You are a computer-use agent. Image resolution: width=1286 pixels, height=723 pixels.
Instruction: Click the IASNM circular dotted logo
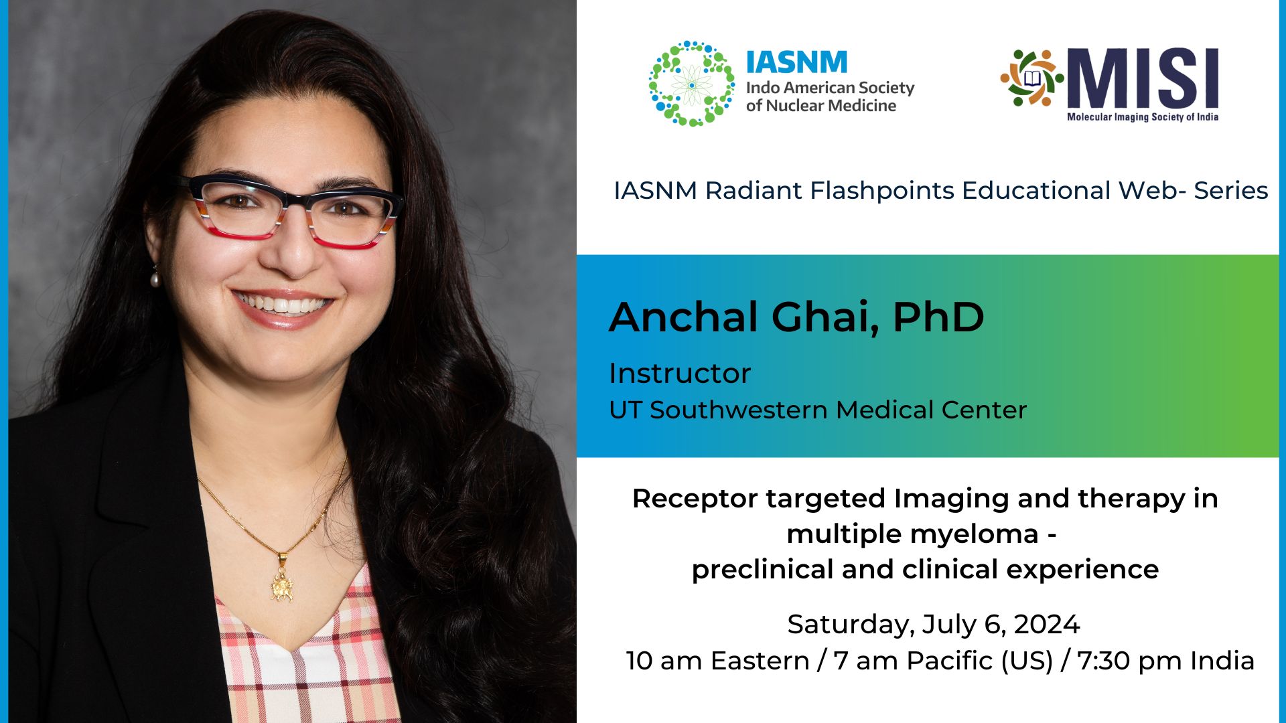point(691,84)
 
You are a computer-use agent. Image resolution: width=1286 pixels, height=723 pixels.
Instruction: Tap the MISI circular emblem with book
point(1031,78)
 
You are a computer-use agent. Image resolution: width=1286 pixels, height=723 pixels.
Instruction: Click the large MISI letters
point(1143,78)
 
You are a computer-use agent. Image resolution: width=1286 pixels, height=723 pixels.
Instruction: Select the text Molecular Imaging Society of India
point(1142,117)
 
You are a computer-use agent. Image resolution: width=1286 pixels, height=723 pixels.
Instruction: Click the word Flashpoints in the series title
point(883,191)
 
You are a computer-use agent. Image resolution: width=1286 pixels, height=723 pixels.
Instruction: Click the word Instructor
point(680,374)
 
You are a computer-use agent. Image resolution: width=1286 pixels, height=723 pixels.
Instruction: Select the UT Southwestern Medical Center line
point(817,410)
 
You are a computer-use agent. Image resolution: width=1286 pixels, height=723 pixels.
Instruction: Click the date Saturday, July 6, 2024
point(933,625)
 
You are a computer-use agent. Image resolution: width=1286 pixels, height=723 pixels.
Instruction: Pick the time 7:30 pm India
point(1165,661)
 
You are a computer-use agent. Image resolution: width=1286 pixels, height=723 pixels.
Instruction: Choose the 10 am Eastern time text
point(717,661)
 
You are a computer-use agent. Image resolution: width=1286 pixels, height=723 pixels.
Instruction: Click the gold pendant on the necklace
point(282,584)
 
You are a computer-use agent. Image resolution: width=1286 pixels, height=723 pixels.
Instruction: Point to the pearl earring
point(155,277)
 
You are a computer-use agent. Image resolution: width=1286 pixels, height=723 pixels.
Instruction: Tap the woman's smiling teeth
point(282,305)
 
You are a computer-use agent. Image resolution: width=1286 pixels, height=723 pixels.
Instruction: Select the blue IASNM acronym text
point(796,63)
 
